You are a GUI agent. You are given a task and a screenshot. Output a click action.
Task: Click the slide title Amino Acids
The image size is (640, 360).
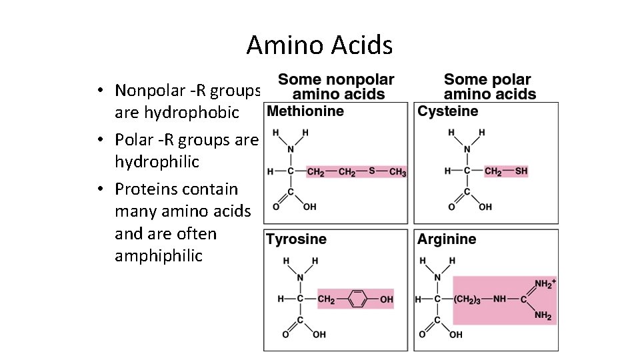point(319,45)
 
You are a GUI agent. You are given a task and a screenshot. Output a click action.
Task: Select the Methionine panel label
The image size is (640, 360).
point(305,111)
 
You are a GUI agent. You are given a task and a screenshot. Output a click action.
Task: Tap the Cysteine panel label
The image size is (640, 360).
point(448,111)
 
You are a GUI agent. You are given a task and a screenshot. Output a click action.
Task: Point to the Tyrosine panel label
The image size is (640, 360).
point(297,239)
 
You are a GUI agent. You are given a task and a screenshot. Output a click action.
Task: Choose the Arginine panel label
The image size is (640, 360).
point(447,239)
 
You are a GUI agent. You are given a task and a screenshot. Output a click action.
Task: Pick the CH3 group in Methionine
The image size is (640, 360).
point(397,172)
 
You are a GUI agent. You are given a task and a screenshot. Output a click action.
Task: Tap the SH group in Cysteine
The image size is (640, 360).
point(521,171)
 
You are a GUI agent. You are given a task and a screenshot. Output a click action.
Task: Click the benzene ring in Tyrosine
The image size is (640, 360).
point(357,299)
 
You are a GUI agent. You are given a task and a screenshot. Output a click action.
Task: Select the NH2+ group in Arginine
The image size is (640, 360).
point(545,284)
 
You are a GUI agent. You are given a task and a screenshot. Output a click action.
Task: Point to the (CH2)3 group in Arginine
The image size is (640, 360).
point(470,299)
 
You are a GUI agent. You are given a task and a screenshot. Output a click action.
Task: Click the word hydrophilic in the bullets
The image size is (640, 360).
point(147,162)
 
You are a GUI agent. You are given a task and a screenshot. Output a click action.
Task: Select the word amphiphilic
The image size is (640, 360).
point(159,256)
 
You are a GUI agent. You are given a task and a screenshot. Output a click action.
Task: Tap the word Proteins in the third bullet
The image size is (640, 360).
point(143,189)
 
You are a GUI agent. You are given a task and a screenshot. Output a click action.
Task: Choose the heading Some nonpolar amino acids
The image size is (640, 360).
point(337,87)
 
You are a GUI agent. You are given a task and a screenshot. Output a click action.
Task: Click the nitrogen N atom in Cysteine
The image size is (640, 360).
point(467,149)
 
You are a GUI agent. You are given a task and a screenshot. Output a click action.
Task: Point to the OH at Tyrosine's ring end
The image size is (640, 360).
point(387,299)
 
